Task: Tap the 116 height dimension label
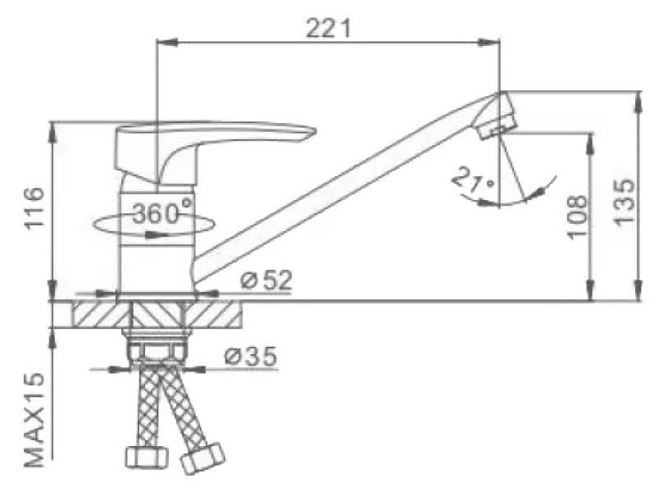(34, 209)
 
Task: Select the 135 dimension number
(625, 201)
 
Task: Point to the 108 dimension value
(576, 216)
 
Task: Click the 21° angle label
(473, 181)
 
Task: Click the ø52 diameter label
(266, 281)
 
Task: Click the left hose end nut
(145, 458)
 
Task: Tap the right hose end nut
(202, 457)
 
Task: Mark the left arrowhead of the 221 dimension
(161, 39)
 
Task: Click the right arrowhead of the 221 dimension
(494, 39)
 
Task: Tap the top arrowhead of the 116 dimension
(52, 127)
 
